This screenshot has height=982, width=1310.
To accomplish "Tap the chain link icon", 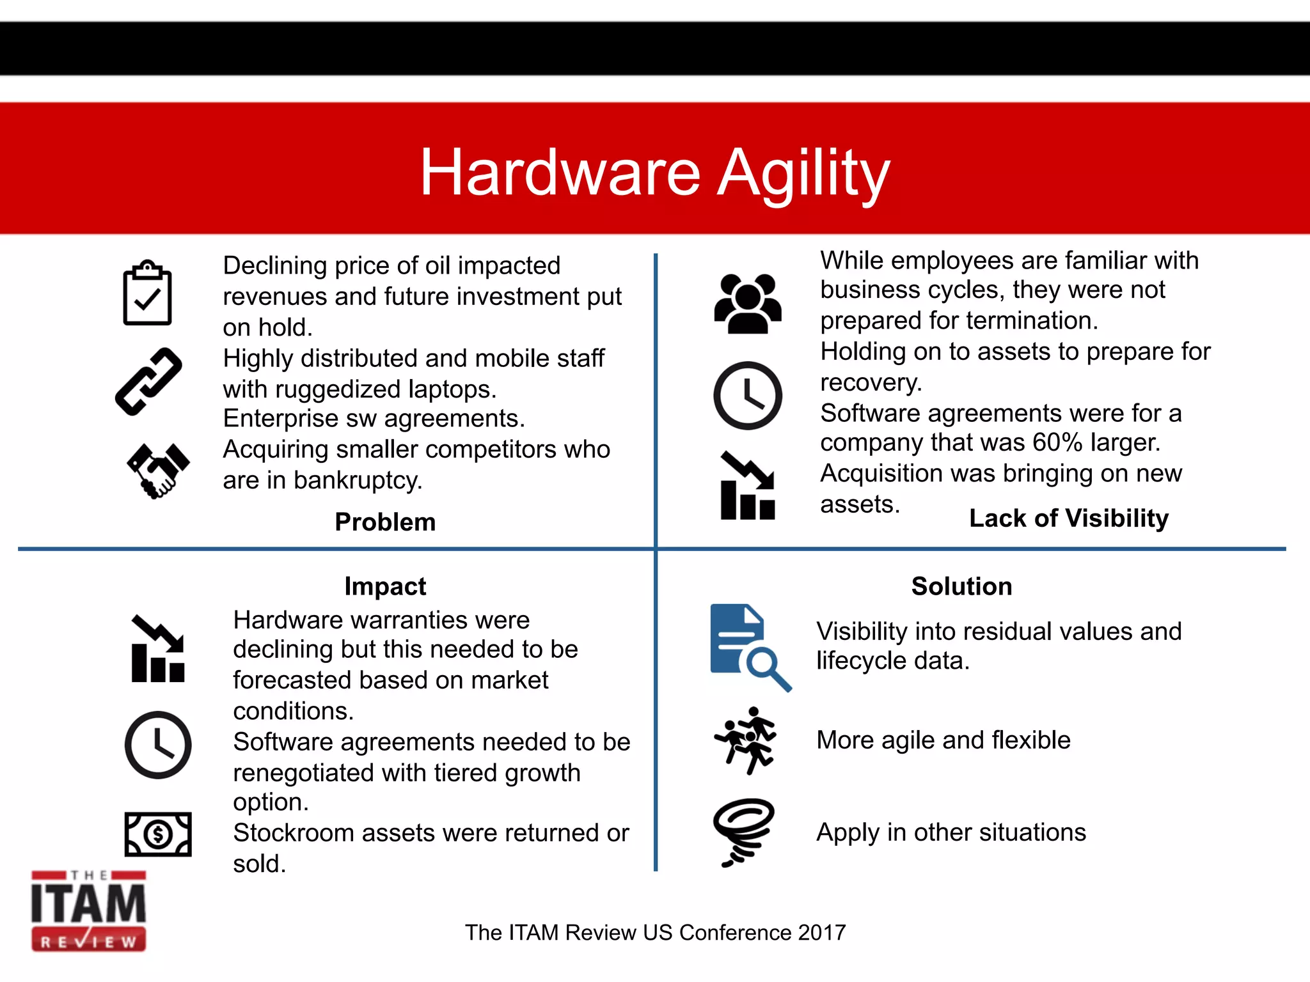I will pyautogui.click(x=148, y=382).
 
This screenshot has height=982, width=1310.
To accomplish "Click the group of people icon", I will pyautogui.click(x=748, y=304).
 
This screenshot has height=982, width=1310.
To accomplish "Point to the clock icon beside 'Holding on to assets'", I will pyautogui.click(x=747, y=395).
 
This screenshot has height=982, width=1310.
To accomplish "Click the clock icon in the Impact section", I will pyautogui.click(x=158, y=745).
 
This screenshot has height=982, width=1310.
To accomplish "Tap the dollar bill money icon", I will pyautogui.click(x=158, y=834).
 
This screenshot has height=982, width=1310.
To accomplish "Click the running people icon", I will pyautogui.click(x=746, y=740).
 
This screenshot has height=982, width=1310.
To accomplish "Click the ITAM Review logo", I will pyautogui.click(x=88, y=910).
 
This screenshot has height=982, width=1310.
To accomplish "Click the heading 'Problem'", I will pyautogui.click(x=385, y=522).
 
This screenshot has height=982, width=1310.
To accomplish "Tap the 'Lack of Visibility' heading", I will pyautogui.click(x=1068, y=518).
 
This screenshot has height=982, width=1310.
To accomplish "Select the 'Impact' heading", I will pyautogui.click(x=385, y=586).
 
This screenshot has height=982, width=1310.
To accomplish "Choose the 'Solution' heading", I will pyautogui.click(x=961, y=586).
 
